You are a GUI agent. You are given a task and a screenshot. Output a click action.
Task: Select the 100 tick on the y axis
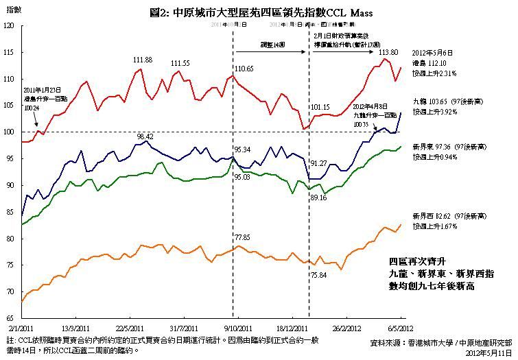point(8,132)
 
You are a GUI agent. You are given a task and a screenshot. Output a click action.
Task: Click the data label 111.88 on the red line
point(143,60)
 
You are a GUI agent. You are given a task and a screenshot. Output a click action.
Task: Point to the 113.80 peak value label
point(388,52)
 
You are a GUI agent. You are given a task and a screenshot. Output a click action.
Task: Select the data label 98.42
point(145,137)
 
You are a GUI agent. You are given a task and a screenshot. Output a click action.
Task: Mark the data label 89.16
point(318,197)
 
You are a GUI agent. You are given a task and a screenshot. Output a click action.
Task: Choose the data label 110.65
point(244,69)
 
